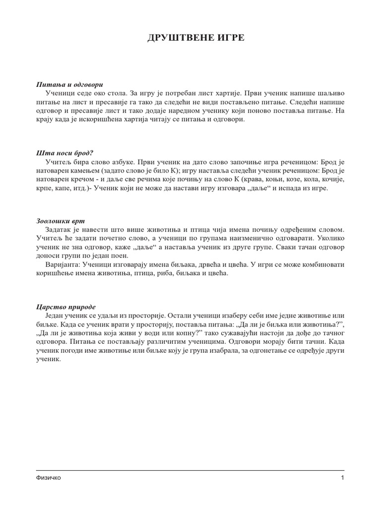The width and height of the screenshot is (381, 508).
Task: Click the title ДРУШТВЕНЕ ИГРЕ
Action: (x=196, y=38)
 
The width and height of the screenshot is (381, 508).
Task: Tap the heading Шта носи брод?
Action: (x=65, y=153)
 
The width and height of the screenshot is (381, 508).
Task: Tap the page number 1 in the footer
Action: (x=342, y=478)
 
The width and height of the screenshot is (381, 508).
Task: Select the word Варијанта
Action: (x=63, y=265)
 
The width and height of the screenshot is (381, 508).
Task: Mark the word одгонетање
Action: (x=279, y=351)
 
